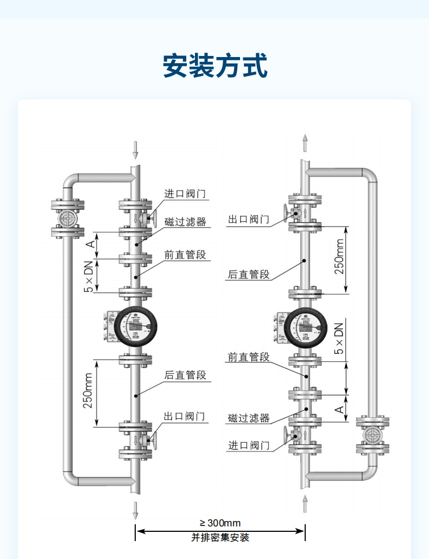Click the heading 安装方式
216,66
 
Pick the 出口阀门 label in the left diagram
185,416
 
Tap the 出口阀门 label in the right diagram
248,219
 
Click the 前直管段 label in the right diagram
248,357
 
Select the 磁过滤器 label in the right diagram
249,418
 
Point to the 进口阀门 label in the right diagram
248,445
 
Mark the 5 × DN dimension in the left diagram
88,277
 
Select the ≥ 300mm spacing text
220,523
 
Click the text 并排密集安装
220,538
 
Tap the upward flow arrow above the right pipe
305,143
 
